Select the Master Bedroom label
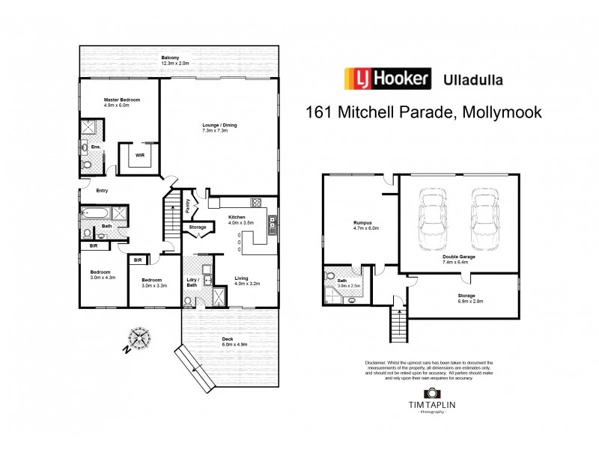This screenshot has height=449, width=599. pos(121,103)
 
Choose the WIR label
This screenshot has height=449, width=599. pos(139,156)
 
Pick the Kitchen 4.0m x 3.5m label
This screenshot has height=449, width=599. pos(242,220)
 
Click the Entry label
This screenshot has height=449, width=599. pos(101,191)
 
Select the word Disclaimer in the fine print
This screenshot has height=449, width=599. pos(375,363)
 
